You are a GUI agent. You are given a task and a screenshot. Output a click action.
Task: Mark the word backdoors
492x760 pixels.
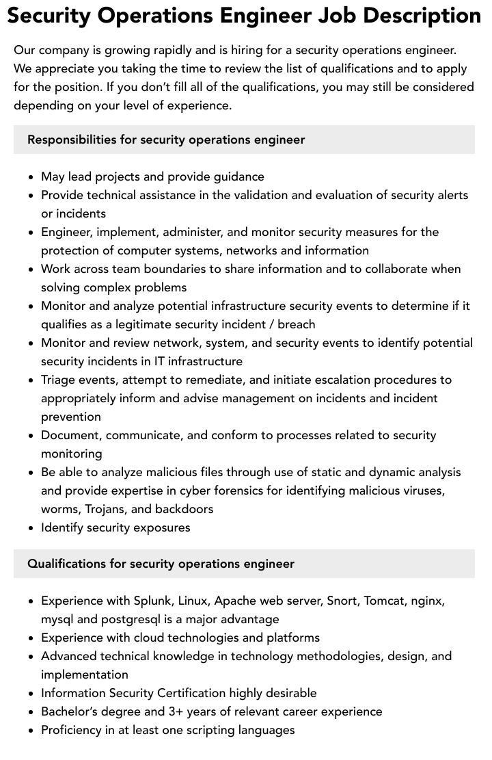coord(184,509)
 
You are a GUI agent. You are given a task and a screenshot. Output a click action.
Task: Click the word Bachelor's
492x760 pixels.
coord(70,711)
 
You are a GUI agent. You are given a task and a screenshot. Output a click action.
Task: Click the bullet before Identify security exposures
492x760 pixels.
coord(31,528)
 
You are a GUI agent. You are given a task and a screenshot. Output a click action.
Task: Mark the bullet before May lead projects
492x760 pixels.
coord(31,177)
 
